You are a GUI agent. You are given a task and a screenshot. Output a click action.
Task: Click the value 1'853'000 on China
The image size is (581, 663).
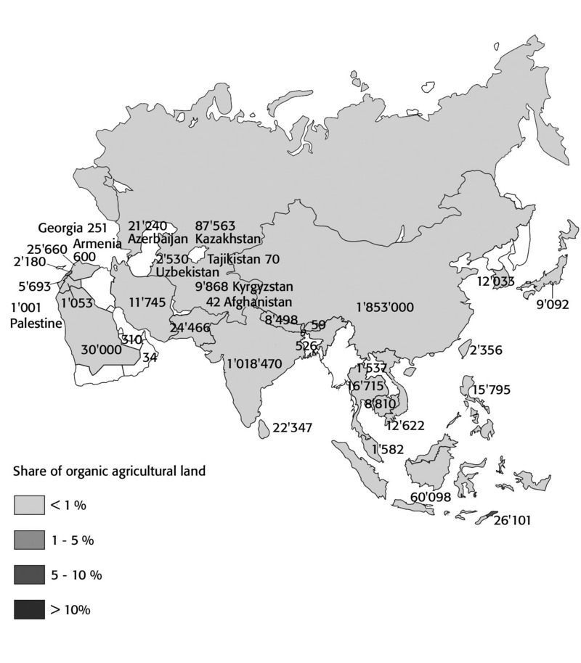[x=385, y=308]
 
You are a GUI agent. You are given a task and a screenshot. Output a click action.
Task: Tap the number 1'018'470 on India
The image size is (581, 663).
[x=254, y=363]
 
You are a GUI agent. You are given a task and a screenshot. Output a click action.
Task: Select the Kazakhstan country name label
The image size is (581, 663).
[x=227, y=239]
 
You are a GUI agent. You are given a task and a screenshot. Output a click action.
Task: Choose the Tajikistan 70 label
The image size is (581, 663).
[x=243, y=259]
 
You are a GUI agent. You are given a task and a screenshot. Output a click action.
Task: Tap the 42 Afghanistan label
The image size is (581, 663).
[x=249, y=302]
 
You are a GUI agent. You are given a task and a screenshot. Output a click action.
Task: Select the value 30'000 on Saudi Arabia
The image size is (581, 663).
[x=101, y=349]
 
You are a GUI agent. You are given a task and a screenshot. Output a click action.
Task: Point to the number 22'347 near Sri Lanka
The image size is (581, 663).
[x=292, y=428]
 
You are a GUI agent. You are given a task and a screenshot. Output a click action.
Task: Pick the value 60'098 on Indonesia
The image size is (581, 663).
[x=431, y=498]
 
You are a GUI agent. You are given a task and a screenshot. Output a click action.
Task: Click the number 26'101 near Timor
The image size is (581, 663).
[x=513, y=521]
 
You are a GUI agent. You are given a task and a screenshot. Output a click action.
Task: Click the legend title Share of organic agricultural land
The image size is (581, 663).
[x=109, y=471]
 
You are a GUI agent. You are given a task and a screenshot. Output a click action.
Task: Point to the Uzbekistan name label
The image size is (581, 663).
[x=187, y=272]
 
